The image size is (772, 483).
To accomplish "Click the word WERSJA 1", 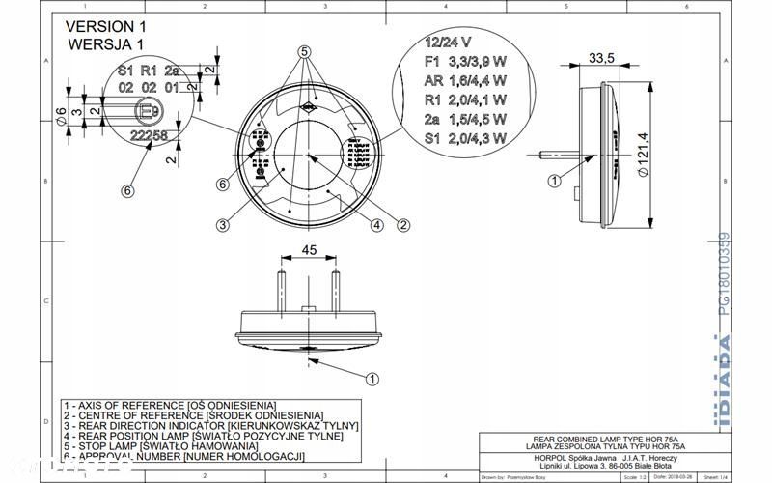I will (106, 44).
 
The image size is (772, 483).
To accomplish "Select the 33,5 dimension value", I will (602, 58).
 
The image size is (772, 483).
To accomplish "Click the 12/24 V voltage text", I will (448, 43).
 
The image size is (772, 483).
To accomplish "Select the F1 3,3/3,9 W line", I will (465, 61).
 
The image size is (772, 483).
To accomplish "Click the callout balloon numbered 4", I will (377, 225).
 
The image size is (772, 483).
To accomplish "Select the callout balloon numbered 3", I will (222, 225).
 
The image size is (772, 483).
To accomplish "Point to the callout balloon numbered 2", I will (404, 225).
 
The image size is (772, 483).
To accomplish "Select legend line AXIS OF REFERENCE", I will (169, 405).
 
